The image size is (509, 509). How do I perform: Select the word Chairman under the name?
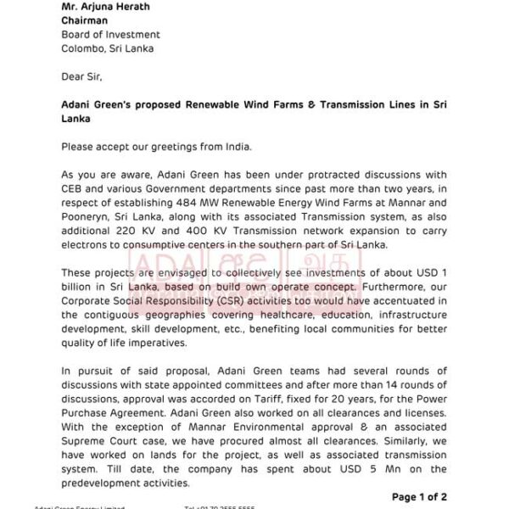coord(87,20)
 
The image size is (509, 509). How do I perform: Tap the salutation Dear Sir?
coord(81,76)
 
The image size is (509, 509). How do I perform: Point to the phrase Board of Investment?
coord(110,34)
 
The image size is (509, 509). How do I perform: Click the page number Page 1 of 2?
coord(419,497)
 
